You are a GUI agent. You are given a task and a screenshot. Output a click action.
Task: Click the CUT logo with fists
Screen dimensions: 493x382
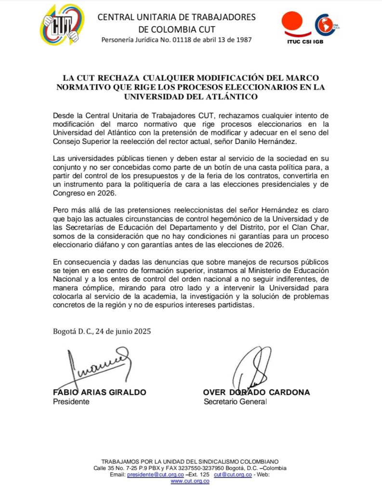pos(62,25)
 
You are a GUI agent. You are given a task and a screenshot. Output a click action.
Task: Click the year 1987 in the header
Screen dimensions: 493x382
pos(242,39)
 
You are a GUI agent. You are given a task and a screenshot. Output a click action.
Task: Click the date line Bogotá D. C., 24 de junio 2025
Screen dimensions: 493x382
pos(102,331)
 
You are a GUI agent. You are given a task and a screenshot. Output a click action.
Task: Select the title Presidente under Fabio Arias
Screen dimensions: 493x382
pos(71,402)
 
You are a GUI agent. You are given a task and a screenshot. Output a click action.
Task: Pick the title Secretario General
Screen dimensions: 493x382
pos(235,402)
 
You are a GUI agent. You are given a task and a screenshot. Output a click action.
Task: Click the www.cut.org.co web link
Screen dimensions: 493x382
pos(190,481)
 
